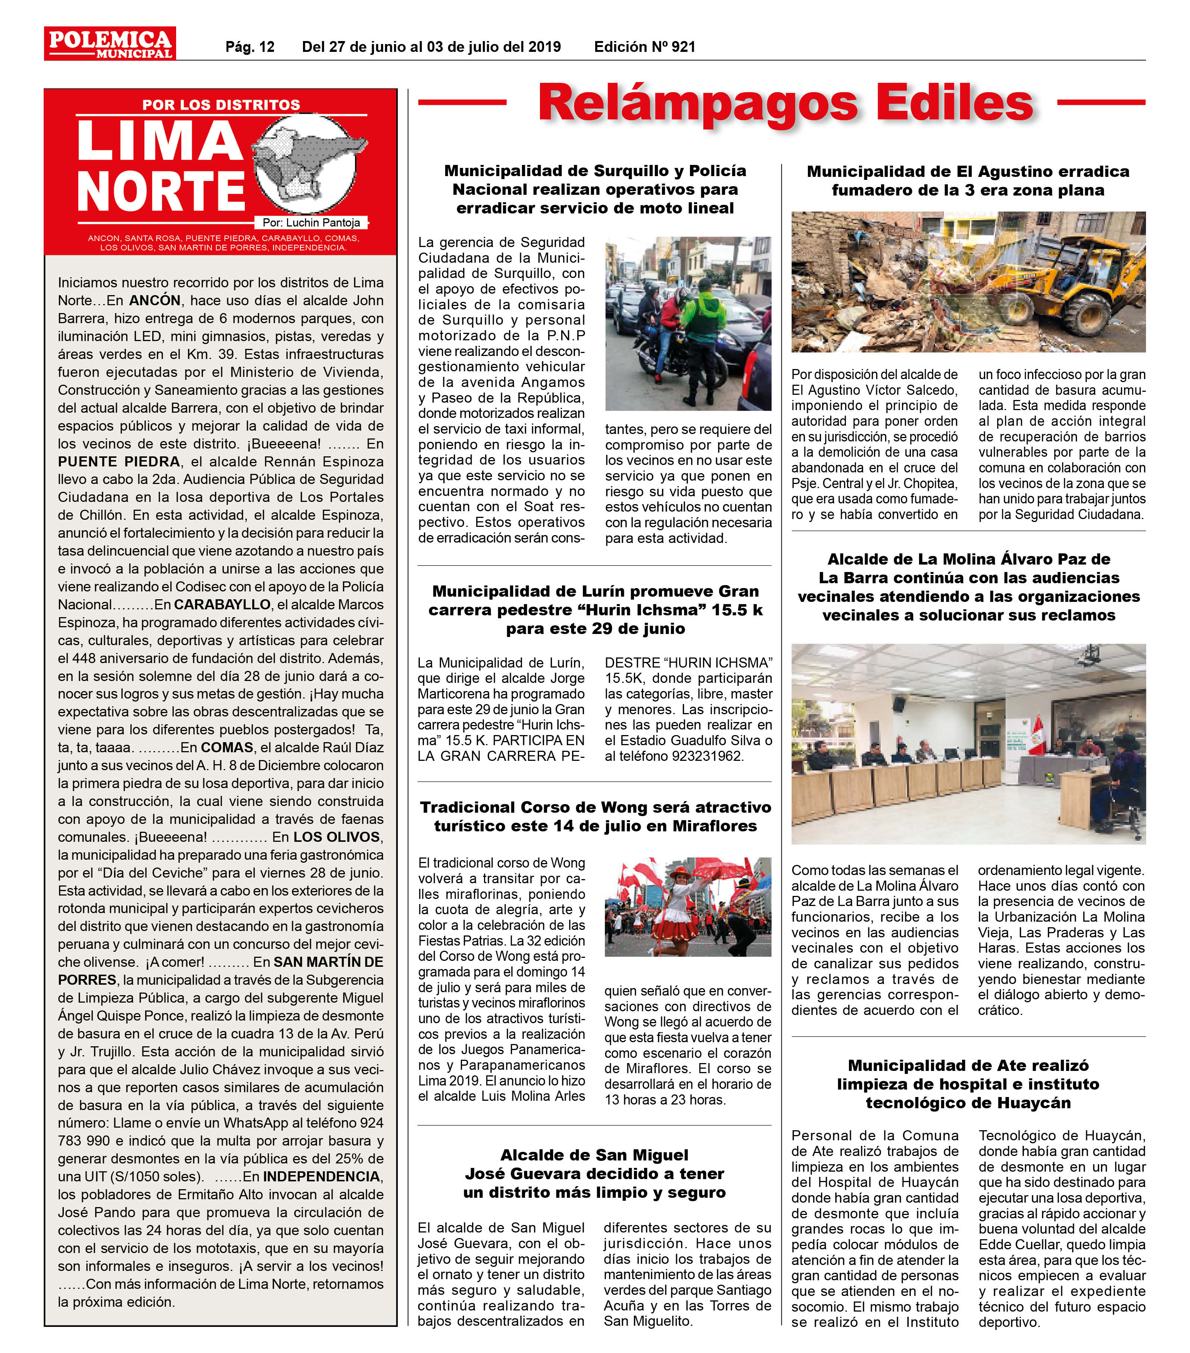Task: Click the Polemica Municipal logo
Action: click(110, 44)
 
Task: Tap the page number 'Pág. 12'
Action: click(250, 47)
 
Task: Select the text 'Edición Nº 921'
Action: click(644, 47)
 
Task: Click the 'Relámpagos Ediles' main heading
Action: click(785, 103)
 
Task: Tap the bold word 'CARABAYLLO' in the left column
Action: click(222, 604)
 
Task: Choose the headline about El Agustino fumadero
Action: click(968, 181)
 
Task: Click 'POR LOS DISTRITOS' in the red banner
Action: click(221, 104)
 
